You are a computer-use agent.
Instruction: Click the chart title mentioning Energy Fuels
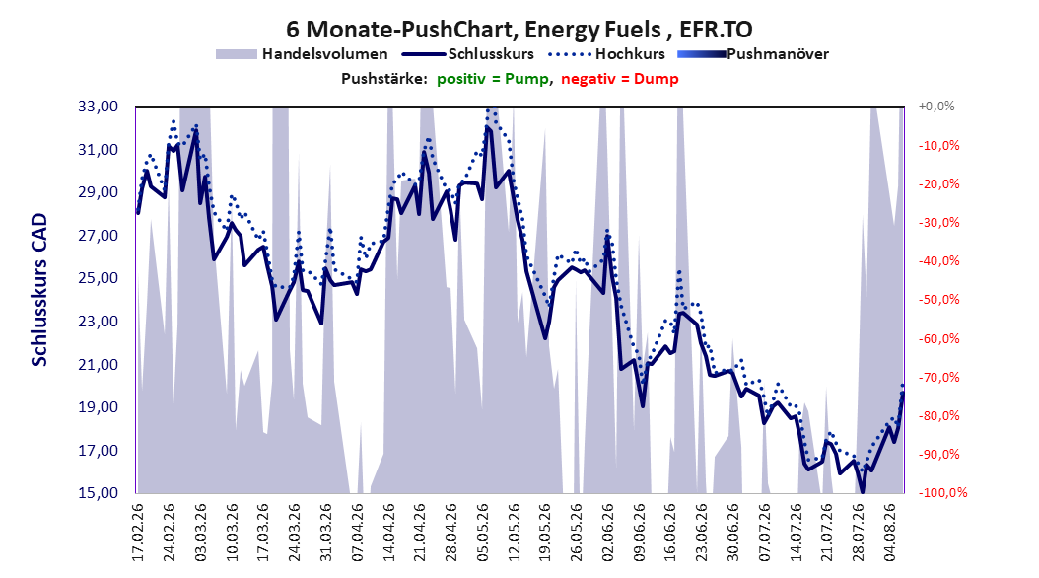tap(519, 30)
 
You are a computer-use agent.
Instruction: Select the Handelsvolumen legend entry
tap(303, 54)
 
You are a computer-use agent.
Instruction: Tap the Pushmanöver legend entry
tap(753, 54)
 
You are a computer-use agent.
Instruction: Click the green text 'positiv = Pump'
tap(493, 79)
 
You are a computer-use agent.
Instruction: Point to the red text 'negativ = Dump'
tap(620, 79)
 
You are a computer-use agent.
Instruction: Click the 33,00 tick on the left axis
tap(98, 107)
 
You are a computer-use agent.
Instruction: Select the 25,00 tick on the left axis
tap(98, 278)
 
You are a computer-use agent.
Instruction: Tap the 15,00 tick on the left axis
tap(98, 492)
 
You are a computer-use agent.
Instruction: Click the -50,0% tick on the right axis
tap(938, 300)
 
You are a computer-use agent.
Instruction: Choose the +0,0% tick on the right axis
tap(936, 107)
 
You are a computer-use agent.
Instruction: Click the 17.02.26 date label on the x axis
tap(138, 533)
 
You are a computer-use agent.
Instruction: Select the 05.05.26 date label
tap(484, 533)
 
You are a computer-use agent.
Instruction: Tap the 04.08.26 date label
tap(891, 533)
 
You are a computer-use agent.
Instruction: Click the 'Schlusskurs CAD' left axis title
tap(39, 290)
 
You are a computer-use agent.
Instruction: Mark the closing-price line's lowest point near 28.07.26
tap(863, 492)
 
